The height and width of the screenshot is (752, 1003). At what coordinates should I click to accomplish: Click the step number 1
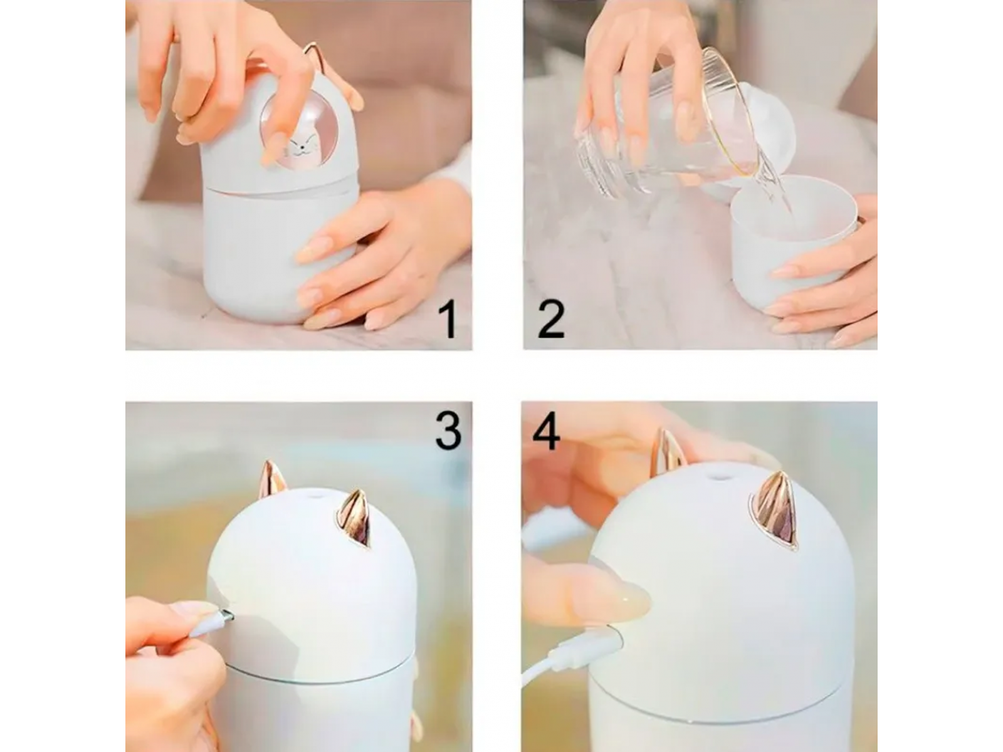(449, 321)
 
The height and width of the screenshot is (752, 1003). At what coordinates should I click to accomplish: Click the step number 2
(551, 320)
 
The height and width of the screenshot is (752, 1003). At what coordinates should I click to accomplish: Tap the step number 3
(448, 432)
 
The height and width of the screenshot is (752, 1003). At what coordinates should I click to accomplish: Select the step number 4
(546, 432)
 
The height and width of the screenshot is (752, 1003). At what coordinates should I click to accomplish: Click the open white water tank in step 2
(795, 242)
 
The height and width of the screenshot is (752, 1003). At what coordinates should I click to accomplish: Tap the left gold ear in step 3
(272, 480)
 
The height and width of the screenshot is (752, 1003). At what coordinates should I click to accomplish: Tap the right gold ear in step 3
(354, 519)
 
